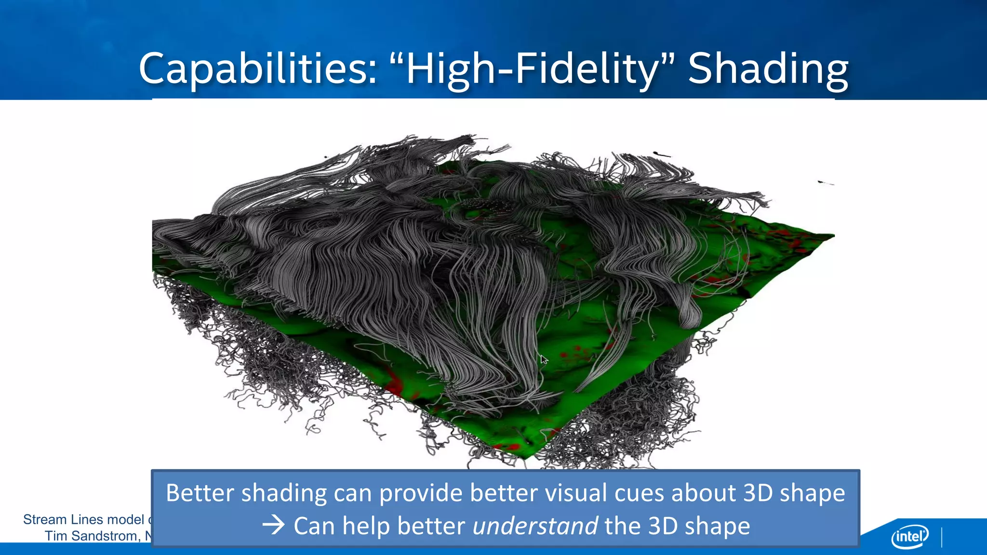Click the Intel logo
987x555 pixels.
(x=909, y=536)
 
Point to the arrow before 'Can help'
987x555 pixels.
(x=274, y=525)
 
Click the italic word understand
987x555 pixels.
(x=535, y=526)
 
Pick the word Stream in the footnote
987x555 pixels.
(x=45, y=519)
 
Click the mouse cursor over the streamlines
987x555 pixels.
(x=544, y=359)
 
